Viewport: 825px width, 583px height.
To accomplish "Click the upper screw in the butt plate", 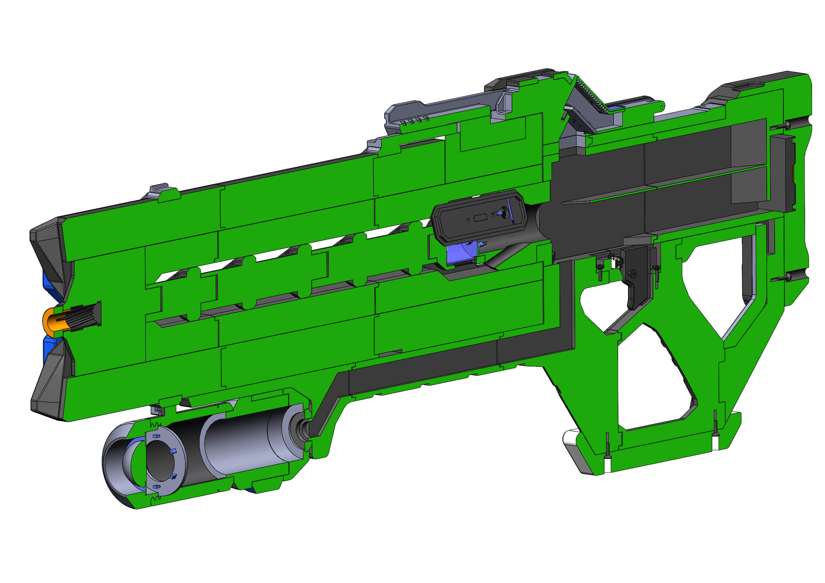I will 783,126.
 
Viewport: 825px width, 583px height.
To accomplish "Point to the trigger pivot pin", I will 633,274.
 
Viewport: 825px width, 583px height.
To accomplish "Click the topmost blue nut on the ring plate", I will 155,436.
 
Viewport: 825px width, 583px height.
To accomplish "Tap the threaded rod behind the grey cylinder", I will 304,430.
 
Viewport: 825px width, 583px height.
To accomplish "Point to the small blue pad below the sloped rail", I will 615,108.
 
